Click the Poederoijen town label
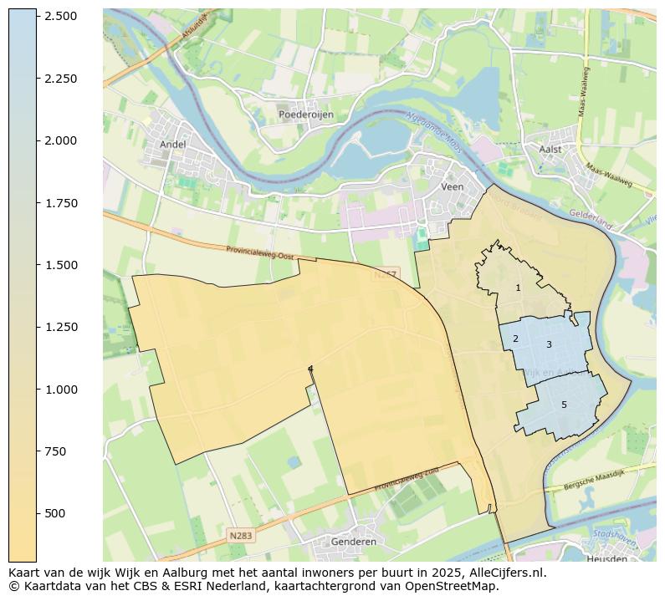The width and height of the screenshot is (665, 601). tap(306, 115)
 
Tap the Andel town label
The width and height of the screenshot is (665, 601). tap(173, 144)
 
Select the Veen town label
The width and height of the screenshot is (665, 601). tap(452, 187)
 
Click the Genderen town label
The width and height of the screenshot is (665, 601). tap(354, 542)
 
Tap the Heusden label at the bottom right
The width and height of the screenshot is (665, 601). tap(607, 558)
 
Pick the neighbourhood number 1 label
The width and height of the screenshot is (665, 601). tap(518, 288)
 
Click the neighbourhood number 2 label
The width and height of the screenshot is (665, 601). tap(515, 339)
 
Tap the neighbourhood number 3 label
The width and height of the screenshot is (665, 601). tap(549, 344)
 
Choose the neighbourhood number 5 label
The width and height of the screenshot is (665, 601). tap(564, 405)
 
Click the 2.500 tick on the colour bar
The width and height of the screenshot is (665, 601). tap(61, 17)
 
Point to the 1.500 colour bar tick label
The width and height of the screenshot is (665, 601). tap(61, 265)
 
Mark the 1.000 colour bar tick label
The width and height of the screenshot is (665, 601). tap(61, 390)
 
